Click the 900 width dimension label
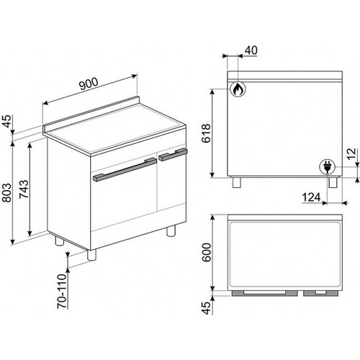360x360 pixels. (x=89, y=84)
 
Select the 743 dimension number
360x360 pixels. (x=24, y=189)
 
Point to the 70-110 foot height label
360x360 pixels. (x=62, y=291)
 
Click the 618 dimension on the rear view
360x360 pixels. (x=206, y=133)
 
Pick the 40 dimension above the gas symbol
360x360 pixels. (x=251, y=50)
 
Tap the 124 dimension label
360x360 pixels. (x=311, y=197)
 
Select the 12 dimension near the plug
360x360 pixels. (x=351, y=154)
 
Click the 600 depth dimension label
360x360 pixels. (x=206, y=253)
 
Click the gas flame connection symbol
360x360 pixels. (x=238, y=89)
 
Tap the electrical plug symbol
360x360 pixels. (x=327, y=166)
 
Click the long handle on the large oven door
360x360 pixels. (x=125, y=169)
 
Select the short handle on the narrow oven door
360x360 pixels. (x=174, y=155)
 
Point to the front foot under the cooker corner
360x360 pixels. (x=91, y=255)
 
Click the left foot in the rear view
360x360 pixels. (x=236, y=183)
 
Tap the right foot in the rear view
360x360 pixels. (x=333, y=183)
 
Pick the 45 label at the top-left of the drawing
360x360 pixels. (x=8, y=121)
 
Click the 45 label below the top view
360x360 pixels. (x=207, y=307)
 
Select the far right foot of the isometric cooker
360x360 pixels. (x=171, y=231)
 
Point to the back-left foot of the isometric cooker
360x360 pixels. (x=59, y=240)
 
